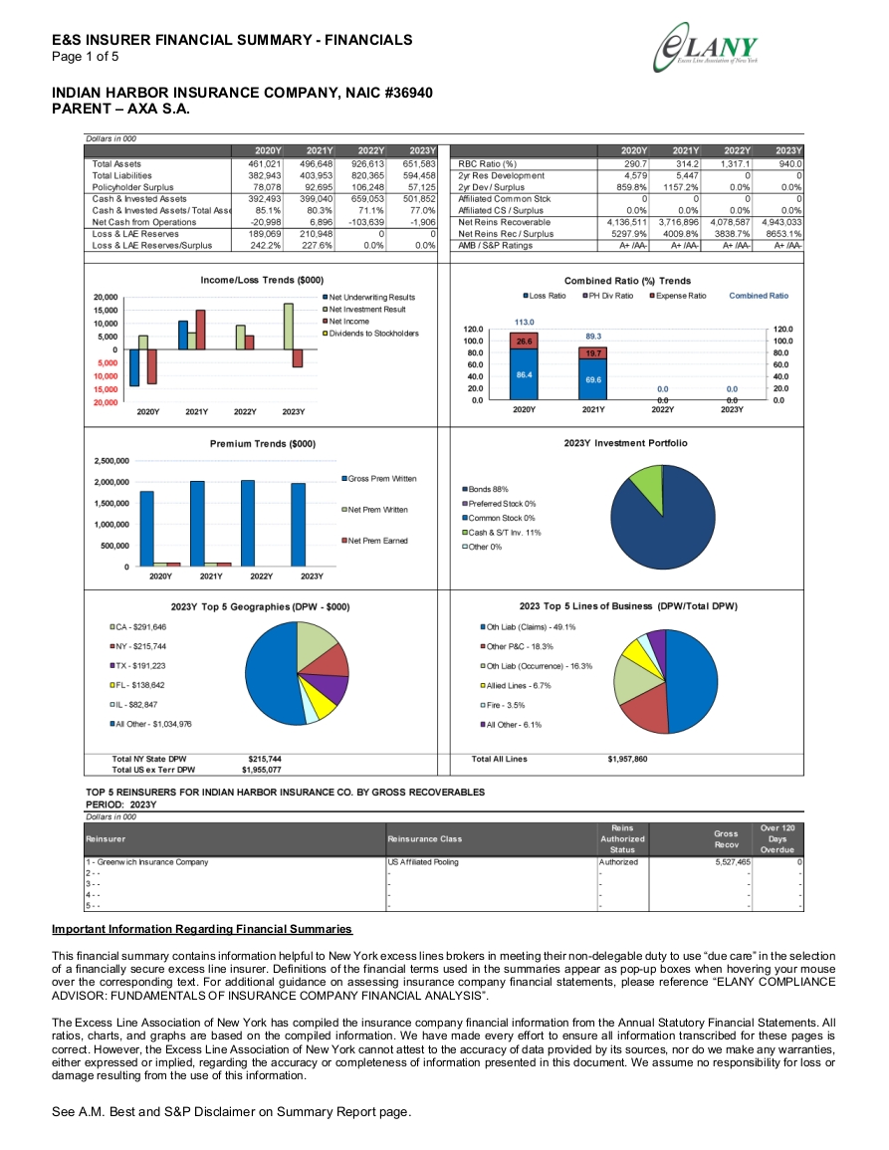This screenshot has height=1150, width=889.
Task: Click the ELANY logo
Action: click(x=706, y=48)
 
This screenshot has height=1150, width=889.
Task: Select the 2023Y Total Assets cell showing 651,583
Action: click(x=419, y=164)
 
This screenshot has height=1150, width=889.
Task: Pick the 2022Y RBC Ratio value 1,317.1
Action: click(x=735, y=164)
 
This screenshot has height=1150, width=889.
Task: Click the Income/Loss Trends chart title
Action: click(x=262, y=280)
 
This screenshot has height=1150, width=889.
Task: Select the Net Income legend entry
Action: click(x=345, y=322)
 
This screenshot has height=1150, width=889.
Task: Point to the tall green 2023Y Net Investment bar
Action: click(x=289, y=327)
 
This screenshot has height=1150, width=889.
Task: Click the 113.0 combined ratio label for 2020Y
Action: click(x=524, y=322)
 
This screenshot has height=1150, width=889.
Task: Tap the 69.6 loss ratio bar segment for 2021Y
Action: click(x=592, y=379)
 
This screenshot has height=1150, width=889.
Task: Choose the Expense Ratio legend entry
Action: click(x=678, y=296)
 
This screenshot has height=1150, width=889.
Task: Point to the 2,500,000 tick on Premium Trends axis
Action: click(x=111, y=461)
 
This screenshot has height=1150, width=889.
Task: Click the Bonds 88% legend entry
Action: click(x=485, y=489)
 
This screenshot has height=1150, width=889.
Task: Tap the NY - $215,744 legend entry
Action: click(x=138, y=647)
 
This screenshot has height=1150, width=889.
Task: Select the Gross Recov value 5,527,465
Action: click(x=733, y=862)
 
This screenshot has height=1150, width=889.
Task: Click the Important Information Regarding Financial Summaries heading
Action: click(x=202, y=929)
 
